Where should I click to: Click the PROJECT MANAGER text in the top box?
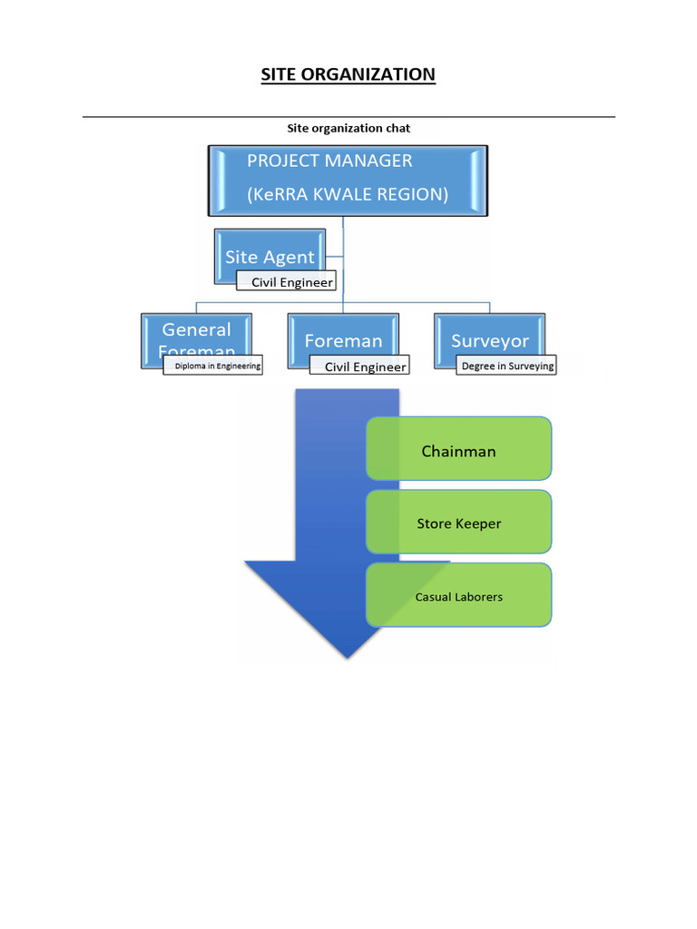(329, 161)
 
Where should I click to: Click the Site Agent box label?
(270, 257)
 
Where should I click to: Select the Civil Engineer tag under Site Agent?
(291, 282)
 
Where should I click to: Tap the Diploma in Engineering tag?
(218, 367)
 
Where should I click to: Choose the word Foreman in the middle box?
(343, 341)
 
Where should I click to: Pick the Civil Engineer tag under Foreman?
(365, 367)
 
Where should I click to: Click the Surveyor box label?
(490, 341)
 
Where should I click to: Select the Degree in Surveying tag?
(506, 367)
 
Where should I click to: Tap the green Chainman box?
(459, 451)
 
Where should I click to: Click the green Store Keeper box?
(459, 523)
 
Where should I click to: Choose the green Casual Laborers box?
(459, 596)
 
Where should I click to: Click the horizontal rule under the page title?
(348, 117)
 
